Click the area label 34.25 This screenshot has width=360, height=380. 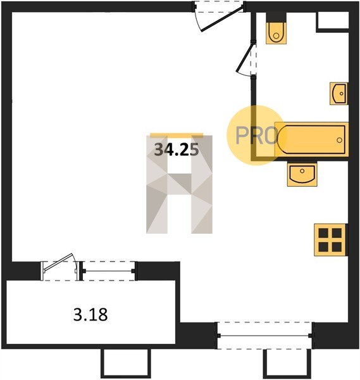tap(177, 149)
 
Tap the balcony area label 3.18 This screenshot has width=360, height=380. tap(90, 315)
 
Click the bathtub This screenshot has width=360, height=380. tap(311, 139)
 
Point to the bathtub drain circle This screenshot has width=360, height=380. tap(339, 140)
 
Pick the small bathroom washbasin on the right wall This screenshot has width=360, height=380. tap(338, 94)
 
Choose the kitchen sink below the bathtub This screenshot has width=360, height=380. tap(302, 175)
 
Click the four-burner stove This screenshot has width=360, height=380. tap(331, 240)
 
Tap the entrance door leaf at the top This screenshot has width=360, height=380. tap(222, 19)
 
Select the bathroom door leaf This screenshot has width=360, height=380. tap(244, 57)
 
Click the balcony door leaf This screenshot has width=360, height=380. tap(58, 262)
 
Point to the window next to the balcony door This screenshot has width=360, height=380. tap(109, 271)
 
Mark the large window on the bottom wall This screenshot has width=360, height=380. tap(264, 336)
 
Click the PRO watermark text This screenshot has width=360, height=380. tap(257, 136)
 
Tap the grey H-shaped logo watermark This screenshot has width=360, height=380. tap(179, 184)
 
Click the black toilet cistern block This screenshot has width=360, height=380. tap(276, 17)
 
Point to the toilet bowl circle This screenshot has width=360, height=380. tap(276, 36)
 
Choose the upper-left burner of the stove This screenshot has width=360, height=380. tap(323, 233)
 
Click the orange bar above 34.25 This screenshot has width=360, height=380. tap(177, 136)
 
